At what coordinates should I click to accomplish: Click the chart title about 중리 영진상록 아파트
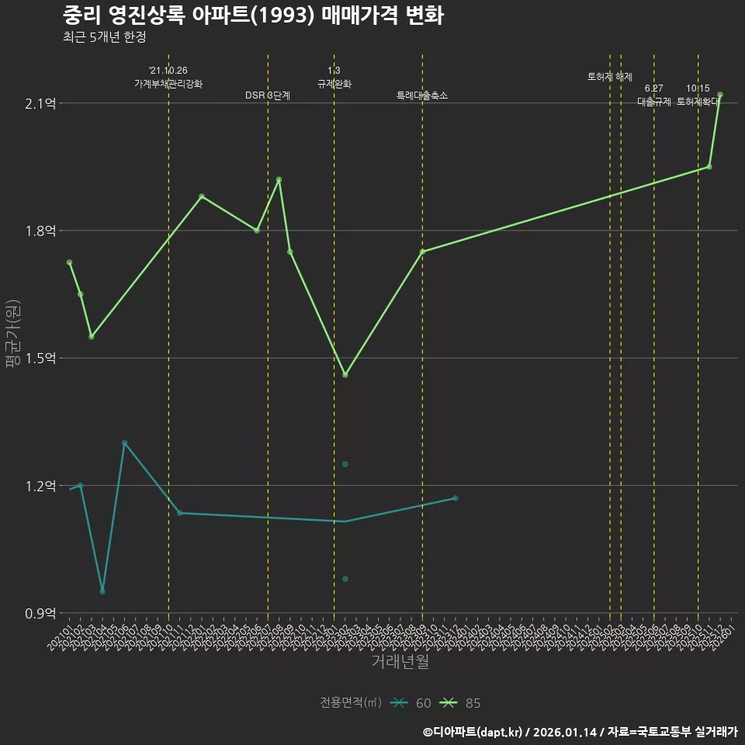pos(253,16)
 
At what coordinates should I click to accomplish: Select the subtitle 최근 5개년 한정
pos(104,37)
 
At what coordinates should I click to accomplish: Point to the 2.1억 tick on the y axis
pos(40,104)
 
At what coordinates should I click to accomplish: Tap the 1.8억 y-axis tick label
pos(40,231)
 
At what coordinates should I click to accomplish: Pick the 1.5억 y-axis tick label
pos(40,359)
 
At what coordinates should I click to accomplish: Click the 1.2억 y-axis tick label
pos(40,486)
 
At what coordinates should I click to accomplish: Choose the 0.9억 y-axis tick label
pos(40,613)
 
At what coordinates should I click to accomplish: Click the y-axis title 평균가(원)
pos(13,334)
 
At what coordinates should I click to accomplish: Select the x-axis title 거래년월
pos(400,662)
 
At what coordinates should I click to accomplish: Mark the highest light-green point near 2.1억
pos(720,95)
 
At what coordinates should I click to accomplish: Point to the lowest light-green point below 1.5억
pos(345,375)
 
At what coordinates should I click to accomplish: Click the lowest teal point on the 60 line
pos(102,591)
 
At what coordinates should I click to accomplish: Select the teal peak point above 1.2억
pos(124,443)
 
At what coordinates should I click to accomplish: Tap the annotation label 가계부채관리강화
pos(168,84)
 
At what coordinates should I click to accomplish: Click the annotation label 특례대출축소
pos(422,95)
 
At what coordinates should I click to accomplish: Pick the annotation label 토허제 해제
pos(610,77)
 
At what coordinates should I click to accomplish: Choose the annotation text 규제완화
pos(334,84)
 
